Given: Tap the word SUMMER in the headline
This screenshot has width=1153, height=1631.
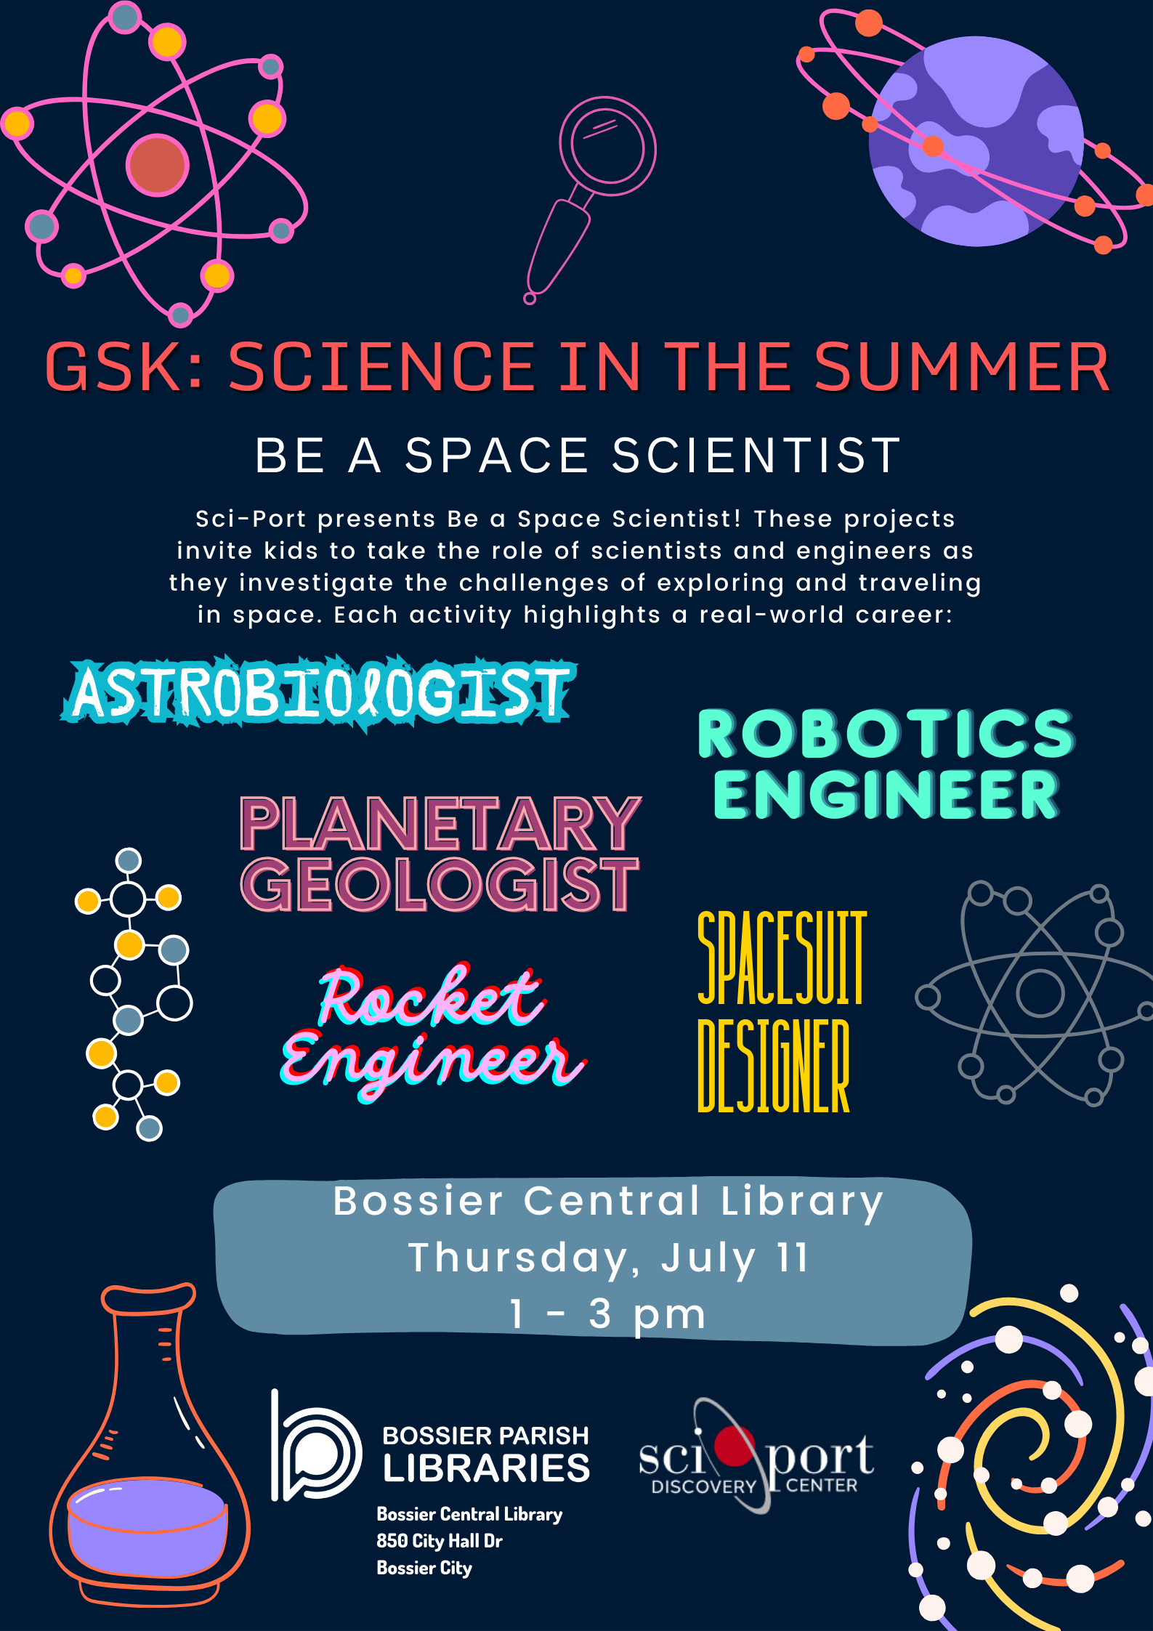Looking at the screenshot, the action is point(963,367).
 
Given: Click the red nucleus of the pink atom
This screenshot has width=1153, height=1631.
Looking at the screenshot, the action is point(158,165).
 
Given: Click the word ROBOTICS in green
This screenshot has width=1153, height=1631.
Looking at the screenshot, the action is point(886,734).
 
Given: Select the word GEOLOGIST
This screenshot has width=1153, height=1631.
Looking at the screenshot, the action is point(440,883).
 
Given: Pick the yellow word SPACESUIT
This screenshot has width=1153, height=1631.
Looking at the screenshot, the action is point(782,958).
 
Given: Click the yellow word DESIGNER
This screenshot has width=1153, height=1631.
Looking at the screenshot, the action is point(774,1065).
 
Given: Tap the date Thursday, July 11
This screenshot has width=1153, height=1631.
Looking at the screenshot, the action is point(609,1258).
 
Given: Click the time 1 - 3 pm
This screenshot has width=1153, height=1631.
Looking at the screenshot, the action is point(608,1314).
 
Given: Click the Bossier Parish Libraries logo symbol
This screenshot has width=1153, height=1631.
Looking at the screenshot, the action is point(316,1446).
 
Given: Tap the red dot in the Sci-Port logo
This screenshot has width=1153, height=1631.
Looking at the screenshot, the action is point(735,1446).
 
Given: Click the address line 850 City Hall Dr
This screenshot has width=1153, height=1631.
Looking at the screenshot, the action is point(440,1541).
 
